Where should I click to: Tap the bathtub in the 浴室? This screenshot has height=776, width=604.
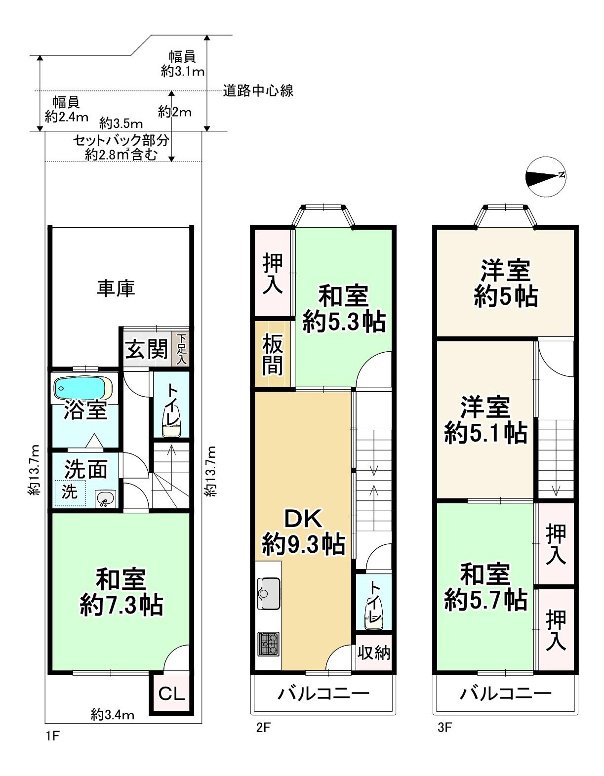[81, 388]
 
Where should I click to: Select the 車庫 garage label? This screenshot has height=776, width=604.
[116, 288]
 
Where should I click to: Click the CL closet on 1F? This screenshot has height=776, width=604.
[171, 694]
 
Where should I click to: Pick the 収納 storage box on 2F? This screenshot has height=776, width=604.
[374, 653]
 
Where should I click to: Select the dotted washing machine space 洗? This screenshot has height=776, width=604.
[70, 492]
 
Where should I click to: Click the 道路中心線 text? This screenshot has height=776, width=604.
[258, 91]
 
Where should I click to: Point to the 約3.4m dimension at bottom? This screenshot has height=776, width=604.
[113, 714]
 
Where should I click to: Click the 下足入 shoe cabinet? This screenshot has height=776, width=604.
[181, 350]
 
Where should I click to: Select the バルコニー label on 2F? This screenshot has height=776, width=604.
[323, 694]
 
